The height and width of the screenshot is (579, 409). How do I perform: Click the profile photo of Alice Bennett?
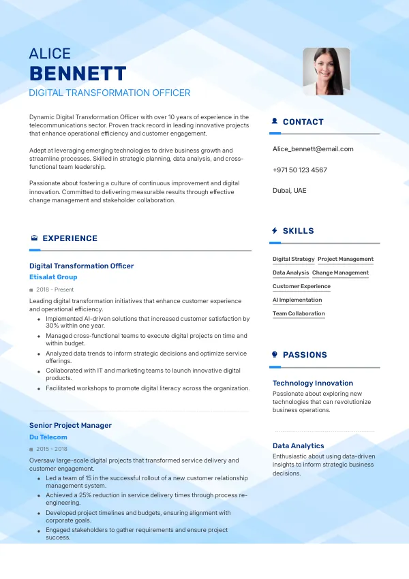click(x=326, y=71)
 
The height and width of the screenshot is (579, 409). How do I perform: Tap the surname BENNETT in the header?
click(x=78, y=74)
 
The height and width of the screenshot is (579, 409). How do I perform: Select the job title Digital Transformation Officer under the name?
click(x=110, y=93)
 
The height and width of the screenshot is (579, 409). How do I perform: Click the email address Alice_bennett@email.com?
click(x=313, y=149)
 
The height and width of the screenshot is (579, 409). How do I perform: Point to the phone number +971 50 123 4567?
click(x=299, y=170)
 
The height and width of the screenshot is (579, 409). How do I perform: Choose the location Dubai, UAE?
click(x=290, y=191)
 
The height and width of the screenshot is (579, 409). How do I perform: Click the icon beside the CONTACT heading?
click(x=274, y=122)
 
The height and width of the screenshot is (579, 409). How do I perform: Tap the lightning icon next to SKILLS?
click(x=274, y=231)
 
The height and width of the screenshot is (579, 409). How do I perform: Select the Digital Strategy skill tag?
click(x=294, y=260)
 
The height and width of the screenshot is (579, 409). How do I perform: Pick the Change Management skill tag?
click(x=340, y=273)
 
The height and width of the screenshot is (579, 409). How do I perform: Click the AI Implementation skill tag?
click(x=297, y=300)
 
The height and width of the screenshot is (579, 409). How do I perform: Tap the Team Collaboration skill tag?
click(x=299, y=314)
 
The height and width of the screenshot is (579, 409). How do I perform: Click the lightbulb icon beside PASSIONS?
click(x=274, y=355)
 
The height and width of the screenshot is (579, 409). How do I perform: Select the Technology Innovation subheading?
click(x=313, y=384)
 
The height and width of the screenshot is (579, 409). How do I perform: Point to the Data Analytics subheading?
click(x=299, y=446)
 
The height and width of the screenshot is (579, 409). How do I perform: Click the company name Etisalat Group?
click(x=53, y=277)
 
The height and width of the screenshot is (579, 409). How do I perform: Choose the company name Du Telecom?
click(x=48, y=437)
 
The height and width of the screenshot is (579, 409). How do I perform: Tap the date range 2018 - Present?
click(x=55, y=289)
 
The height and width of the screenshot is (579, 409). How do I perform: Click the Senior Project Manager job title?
click(x=70, y=426)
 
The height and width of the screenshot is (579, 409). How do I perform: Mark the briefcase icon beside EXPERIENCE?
click(x=34, y=238)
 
